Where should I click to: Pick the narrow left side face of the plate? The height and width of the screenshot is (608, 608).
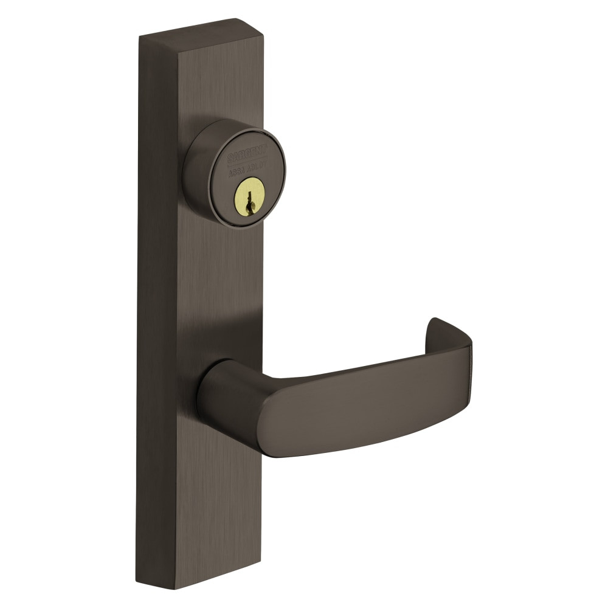pos(158,304)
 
